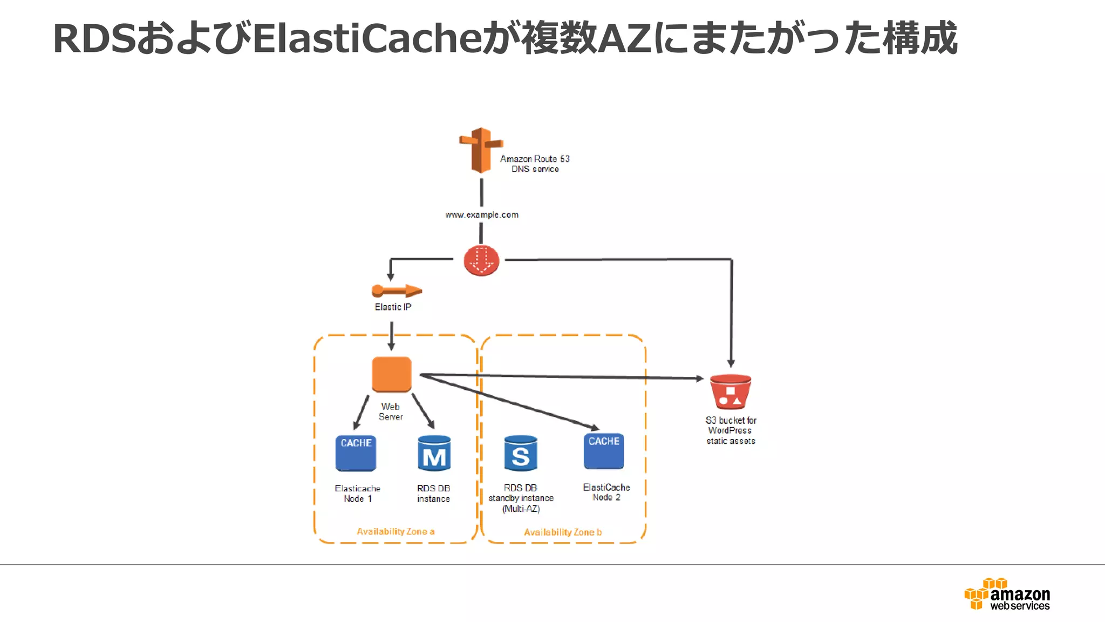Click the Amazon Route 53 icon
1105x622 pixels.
click(x=480, y=150)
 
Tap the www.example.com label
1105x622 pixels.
click(x=482, y=215)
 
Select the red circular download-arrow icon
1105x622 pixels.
click(x=481, y=260)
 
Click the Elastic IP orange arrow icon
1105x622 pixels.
click(x=397, y=291)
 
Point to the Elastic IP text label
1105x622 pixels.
click(x=393, y=307)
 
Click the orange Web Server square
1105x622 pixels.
click(x=392, y=374)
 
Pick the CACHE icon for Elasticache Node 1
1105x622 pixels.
click(x=356, y=453)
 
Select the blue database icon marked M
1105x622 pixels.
click(x=434, y=454)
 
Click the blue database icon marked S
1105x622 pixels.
click(x=520, y=454)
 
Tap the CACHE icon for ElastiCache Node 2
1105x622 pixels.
click(x=604, y=451)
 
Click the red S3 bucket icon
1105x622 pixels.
click(x=731, y=392)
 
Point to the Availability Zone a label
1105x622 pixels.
click(x=395, y=531)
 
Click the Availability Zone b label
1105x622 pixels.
click(x=563, y=532)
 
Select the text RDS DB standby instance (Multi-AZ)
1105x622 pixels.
click(x=521, y=498)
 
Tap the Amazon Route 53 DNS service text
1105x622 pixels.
click(x=535, y=164)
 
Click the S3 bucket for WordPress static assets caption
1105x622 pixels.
click(x=731, y=430)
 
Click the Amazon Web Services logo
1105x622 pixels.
click(x=1007, y=594)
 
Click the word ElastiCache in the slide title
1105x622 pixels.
click(x=366, y=39)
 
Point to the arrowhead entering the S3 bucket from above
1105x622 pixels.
click(x=731, y=363)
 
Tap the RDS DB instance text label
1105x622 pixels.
click(x=433, y=493)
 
